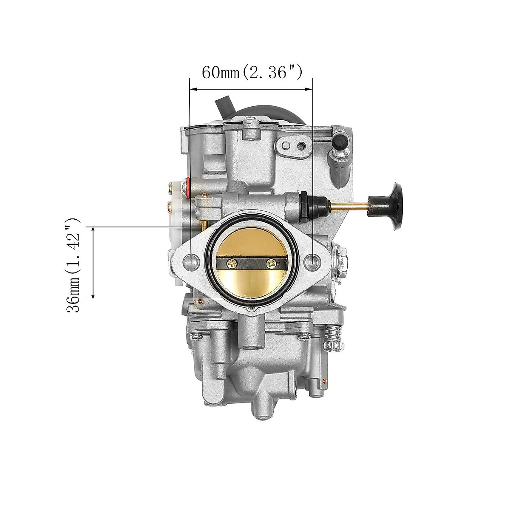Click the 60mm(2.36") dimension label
click(252, 72)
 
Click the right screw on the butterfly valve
click(272, 263)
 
